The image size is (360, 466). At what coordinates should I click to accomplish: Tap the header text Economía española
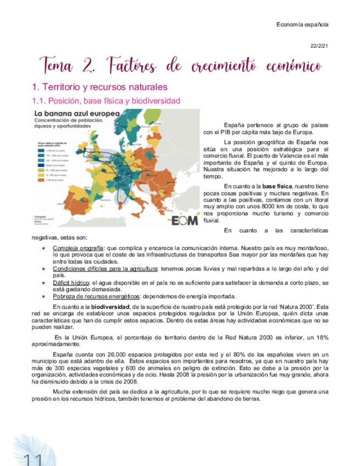coord(302,25)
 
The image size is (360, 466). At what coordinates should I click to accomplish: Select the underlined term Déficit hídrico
coord(72,282)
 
